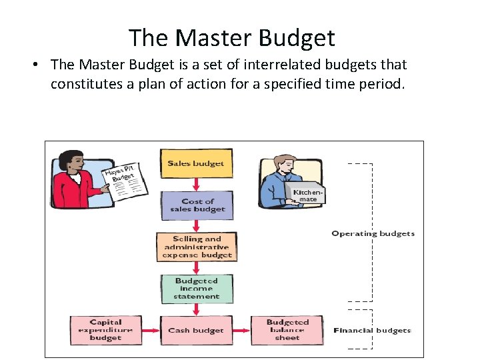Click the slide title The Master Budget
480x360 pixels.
tap(231, 37)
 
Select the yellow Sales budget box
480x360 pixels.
tap(196, 163)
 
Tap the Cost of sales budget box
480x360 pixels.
tap(197, 205)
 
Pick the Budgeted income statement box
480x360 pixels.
tap(197, 289)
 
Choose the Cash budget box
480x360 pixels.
tap(197, 330)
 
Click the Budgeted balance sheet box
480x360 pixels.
tap(287, 330)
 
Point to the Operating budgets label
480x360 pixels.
tap(373, 234)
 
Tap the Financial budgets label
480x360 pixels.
tap(372, 330)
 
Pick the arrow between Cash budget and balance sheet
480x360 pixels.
tap(241, 330)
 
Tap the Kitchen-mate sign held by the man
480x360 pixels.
tap(307, 195)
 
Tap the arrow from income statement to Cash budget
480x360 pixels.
tap(197, 309)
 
